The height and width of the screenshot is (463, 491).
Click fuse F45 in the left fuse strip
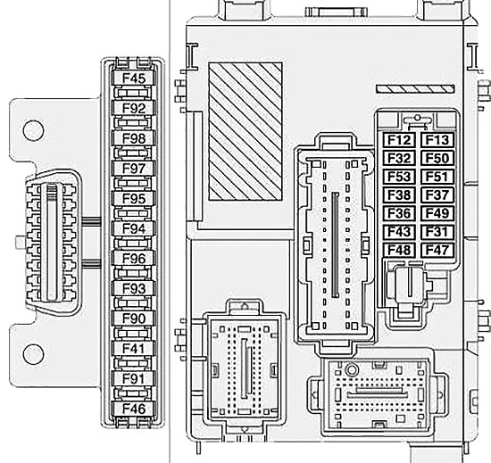134,79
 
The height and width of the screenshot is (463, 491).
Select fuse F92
134,108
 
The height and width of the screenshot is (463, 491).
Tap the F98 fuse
134,138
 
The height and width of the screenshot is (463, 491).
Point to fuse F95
134,199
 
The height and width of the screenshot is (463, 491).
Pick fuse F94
134,228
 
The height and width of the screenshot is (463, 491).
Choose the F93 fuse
134,288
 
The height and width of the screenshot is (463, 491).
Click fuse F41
134,349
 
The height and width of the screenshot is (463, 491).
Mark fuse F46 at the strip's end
134,409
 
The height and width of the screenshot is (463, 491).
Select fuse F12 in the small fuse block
399,140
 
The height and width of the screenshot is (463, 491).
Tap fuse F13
437,140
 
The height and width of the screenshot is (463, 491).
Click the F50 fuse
437,158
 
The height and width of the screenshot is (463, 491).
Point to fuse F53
399,177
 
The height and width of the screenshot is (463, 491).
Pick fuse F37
437,195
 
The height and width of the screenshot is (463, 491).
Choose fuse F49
437,214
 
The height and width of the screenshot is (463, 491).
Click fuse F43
399,232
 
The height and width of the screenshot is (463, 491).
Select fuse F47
437,251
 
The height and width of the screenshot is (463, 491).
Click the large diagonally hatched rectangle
245,131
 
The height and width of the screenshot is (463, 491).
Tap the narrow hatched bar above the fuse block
415,89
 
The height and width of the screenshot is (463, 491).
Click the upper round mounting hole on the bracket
33,130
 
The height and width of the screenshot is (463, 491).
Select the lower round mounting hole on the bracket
33,354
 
